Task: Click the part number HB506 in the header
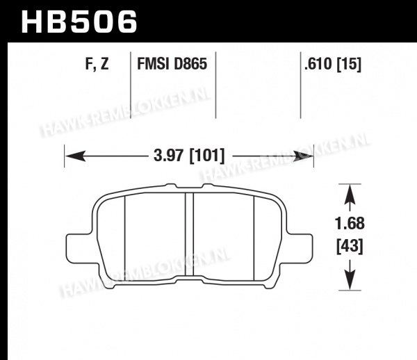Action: [79, 22]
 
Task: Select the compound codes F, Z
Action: [97, 64]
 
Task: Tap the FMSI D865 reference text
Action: [172, 64]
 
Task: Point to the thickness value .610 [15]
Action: [333, 64]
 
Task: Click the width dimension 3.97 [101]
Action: [189, 156]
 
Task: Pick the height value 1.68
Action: [350, 224]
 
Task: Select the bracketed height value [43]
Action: [350, 247]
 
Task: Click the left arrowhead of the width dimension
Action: [75, 156]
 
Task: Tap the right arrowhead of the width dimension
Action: [303, 156]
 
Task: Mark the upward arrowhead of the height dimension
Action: [350, 195]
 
